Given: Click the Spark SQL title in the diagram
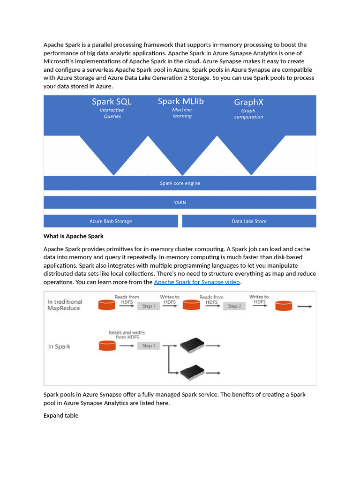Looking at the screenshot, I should coord(112,102).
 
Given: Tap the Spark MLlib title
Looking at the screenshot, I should coord(180,101).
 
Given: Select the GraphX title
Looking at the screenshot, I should coord(248,102).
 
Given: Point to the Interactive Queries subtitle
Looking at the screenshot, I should coord(112,113).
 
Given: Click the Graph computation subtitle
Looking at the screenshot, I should coord(248,114).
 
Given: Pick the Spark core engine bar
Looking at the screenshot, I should coord(180,183).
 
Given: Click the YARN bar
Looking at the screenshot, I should coord(180,202).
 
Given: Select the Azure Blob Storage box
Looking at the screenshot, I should coord(111,221).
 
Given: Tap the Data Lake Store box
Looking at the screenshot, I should coord(249,221).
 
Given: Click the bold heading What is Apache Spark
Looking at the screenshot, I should coord(74,236).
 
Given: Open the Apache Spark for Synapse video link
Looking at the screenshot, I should coord(197,282).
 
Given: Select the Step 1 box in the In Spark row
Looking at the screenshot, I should coord(147,346).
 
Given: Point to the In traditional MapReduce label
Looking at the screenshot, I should coord(65,305).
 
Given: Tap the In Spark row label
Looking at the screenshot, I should coord(59,346).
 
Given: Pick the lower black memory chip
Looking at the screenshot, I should coord(192,372).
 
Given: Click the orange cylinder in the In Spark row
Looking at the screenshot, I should coord(107,346).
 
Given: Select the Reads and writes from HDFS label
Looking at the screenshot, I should coord(127,335).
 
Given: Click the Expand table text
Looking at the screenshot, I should coord(61,415).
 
